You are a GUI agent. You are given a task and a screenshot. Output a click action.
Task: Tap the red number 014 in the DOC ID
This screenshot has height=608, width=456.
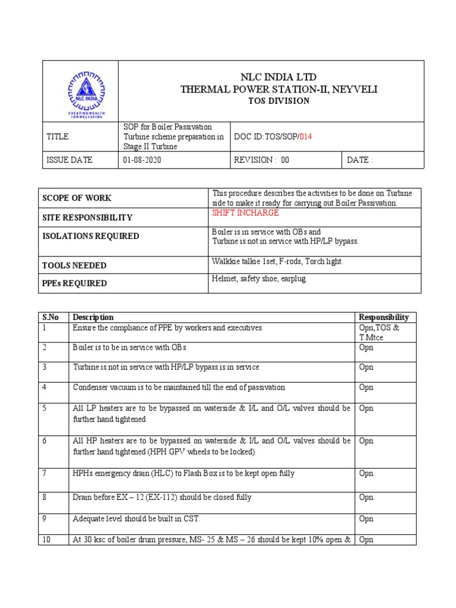pos(305,137)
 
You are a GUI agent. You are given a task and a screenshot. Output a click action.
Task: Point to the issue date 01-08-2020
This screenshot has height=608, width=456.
pos(142,160)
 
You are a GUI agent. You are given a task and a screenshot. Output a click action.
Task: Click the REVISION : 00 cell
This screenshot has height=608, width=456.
pos(262,160)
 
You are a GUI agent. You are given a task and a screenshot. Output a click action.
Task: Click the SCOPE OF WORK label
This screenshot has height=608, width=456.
pos(77,198)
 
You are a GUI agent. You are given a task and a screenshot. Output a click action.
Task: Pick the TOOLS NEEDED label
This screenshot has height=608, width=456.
pos(74,265)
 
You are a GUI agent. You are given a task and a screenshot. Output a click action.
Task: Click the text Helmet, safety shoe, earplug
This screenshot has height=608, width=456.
pos(259,279)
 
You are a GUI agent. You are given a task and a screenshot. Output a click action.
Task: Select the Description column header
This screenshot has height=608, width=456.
pos(93,318)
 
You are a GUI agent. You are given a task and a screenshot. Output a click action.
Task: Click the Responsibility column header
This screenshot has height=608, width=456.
pos(384,318)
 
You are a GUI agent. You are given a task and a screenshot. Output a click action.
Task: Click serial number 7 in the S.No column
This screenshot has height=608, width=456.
pos(45,473)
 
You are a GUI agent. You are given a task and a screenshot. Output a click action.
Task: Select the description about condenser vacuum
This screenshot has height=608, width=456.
pos(179,388)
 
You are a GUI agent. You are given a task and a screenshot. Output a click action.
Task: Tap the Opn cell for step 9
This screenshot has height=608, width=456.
pos(366,519)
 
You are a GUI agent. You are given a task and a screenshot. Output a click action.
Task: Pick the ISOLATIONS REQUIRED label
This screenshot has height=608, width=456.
pos(90,236)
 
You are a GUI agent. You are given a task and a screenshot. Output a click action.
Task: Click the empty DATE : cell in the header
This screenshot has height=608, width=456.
pos(383,160)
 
